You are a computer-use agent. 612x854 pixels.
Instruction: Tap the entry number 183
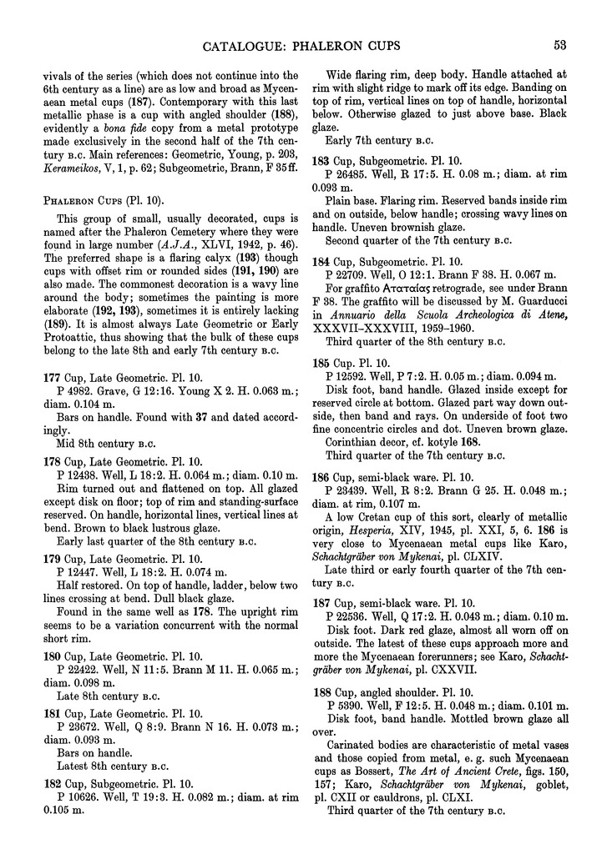coord(333,159)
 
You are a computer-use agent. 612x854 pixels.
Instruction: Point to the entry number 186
coord(333,477)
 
